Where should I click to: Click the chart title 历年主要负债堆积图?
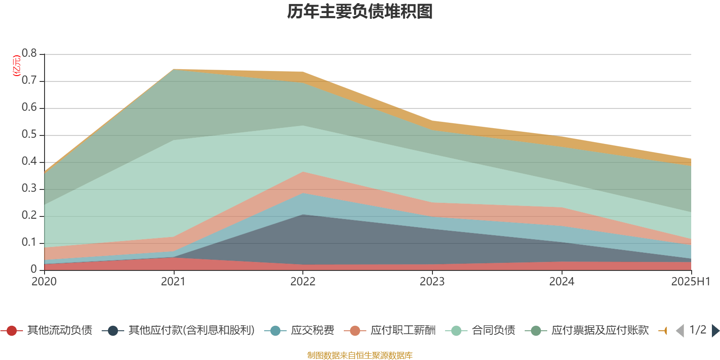click(360, 12)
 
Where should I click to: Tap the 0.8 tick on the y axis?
click(30, 54)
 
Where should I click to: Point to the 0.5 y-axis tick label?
click(30, 135)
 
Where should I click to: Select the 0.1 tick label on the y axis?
click(30, 243)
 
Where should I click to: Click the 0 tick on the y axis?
click(34, 270)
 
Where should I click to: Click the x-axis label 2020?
click(44, 282)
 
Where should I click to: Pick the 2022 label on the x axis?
click(303, 282)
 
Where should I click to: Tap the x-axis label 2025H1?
click(690, 282)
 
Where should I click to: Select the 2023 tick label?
click(432, 282)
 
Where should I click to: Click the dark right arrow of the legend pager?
click(715, 331)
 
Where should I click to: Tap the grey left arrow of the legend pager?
click(680, 331)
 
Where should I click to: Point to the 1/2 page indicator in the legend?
click(697, 330)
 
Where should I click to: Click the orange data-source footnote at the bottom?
click(360, 355)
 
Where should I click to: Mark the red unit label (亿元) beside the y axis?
click(17, 66)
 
